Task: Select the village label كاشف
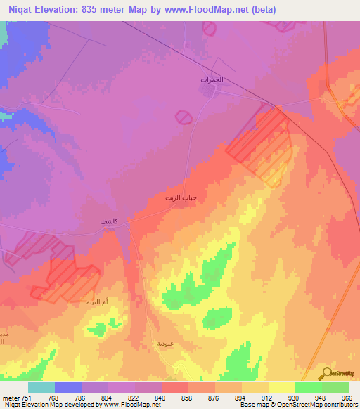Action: click(109, 222)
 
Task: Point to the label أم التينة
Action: click(96, 301)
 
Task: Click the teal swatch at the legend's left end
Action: click(41, 387)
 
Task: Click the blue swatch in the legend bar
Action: click(68, 387)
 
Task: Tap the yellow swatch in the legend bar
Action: click(282, 387)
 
